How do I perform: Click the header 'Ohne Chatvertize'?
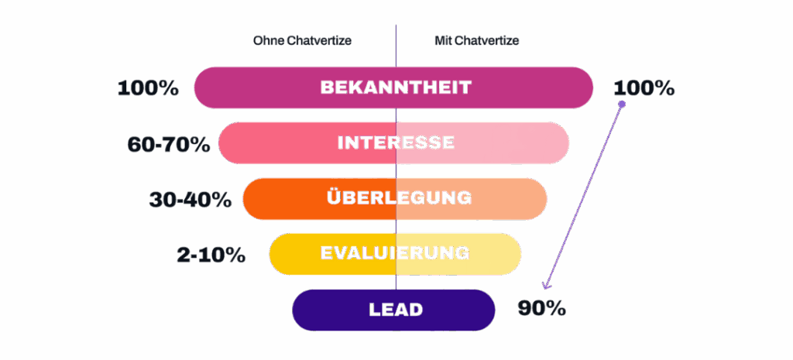click(302, 40)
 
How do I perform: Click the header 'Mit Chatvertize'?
click(476, 40)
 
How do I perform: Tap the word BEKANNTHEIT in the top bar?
click(396, 87)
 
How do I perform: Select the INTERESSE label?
click(396, 143)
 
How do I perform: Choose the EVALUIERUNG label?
click(395, 253)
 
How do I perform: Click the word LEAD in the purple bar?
click(396, 310)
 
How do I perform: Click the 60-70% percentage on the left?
click(169, 144)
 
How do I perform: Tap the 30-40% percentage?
click(191, 199)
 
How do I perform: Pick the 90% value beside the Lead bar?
click(541, 309)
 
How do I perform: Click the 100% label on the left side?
click(148, 88)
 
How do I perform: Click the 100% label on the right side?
click(644, 88)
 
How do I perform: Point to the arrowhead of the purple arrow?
click(547, 286)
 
